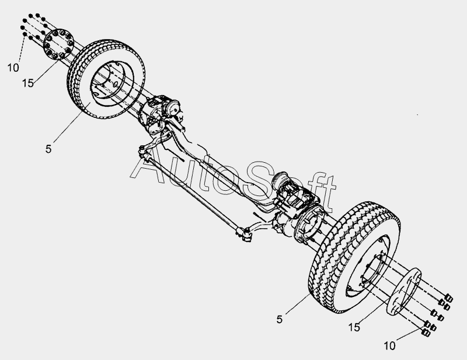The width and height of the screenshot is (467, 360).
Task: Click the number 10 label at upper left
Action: pyautogui.click(x=13, y=68)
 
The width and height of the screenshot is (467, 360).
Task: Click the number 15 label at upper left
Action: pyautogui.click(x=27, y=83)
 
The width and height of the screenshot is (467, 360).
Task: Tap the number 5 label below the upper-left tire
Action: pyautogui.click(x=48, y=149)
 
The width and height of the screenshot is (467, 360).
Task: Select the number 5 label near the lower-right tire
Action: pyautogui.click(x=279, y=319)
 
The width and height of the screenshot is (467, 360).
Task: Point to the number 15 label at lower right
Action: pyautogui.click(x=354, y=327)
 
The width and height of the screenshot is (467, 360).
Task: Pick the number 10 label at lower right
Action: pyautogui.click(x=389, y=346)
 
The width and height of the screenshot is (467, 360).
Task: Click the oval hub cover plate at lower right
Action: pyautogui.click(x=404, y=291)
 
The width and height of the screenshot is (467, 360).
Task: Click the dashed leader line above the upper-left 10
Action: pyautogui.click(x=22, y=50)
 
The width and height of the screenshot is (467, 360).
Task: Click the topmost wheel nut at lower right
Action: pyautogui.click(x=448, y=298)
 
